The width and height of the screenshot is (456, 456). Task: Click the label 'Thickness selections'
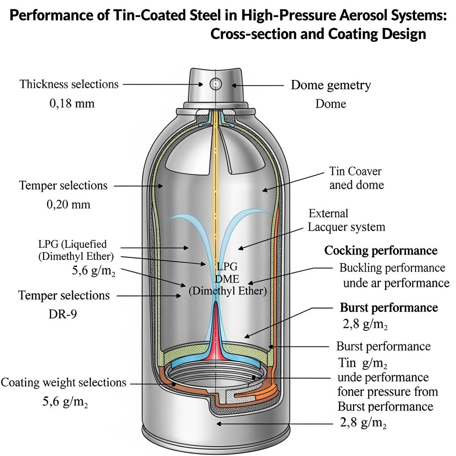coord(69,84)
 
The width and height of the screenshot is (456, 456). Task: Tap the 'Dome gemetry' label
coord(330,85)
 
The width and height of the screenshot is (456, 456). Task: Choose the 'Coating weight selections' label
coord(64,382)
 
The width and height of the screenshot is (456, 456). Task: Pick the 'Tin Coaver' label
coord(355,171)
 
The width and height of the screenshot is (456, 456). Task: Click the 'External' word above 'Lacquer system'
coord(329,213)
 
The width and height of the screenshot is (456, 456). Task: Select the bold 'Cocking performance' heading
coord(381,250)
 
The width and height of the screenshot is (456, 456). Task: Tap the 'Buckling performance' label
coord(392,268)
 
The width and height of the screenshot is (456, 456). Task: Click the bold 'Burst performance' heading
coord(389,307)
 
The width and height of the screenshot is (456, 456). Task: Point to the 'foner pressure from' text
coord(387,391)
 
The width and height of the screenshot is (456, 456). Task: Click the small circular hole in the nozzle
coord(216,83)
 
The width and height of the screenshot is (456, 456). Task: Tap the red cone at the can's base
coord(218,334)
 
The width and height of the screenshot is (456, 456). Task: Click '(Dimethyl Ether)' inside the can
coord(228,291)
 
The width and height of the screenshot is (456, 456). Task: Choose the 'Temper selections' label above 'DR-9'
coord(64,295)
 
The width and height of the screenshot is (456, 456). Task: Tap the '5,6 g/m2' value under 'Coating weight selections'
coord(65,402)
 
